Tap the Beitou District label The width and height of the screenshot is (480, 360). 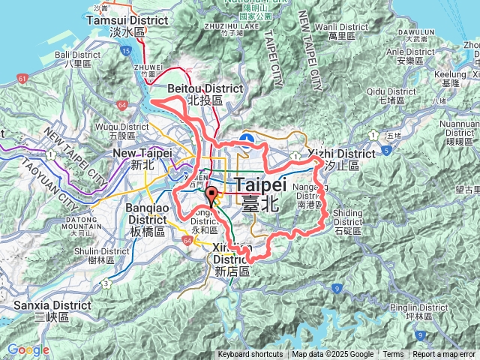point(194,93)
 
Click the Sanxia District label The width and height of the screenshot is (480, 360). point(51,310)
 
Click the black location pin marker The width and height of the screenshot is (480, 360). point(211,196)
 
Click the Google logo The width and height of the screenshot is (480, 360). point(28,349)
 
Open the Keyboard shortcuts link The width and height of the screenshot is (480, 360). point(250,355)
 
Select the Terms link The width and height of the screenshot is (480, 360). point(393,355)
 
